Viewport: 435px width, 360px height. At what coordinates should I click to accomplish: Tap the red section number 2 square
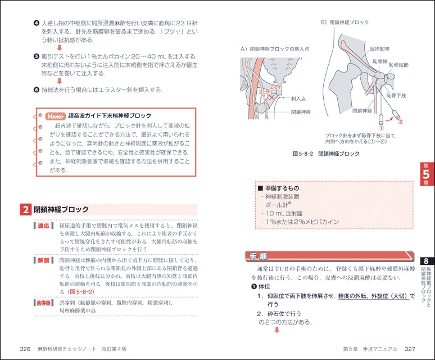(x=25, y=210)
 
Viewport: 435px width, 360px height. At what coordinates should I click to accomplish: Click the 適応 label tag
(x=44, y=226)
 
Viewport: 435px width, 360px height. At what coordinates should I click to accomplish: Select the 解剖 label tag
(x=44, y=260)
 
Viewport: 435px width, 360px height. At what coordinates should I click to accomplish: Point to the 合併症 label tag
(x=44, y=303)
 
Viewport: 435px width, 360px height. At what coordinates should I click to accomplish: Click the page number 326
(x=25, y=349)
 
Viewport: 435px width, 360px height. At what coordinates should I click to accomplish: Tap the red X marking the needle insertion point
(x=272, y=97)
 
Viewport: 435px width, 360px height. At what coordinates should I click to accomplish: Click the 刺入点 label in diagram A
(x=298, y=98)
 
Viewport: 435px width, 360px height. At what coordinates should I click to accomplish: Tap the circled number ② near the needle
(x=400, y=120)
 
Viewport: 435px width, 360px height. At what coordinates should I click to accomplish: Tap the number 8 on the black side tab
(x=427, y=262)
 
